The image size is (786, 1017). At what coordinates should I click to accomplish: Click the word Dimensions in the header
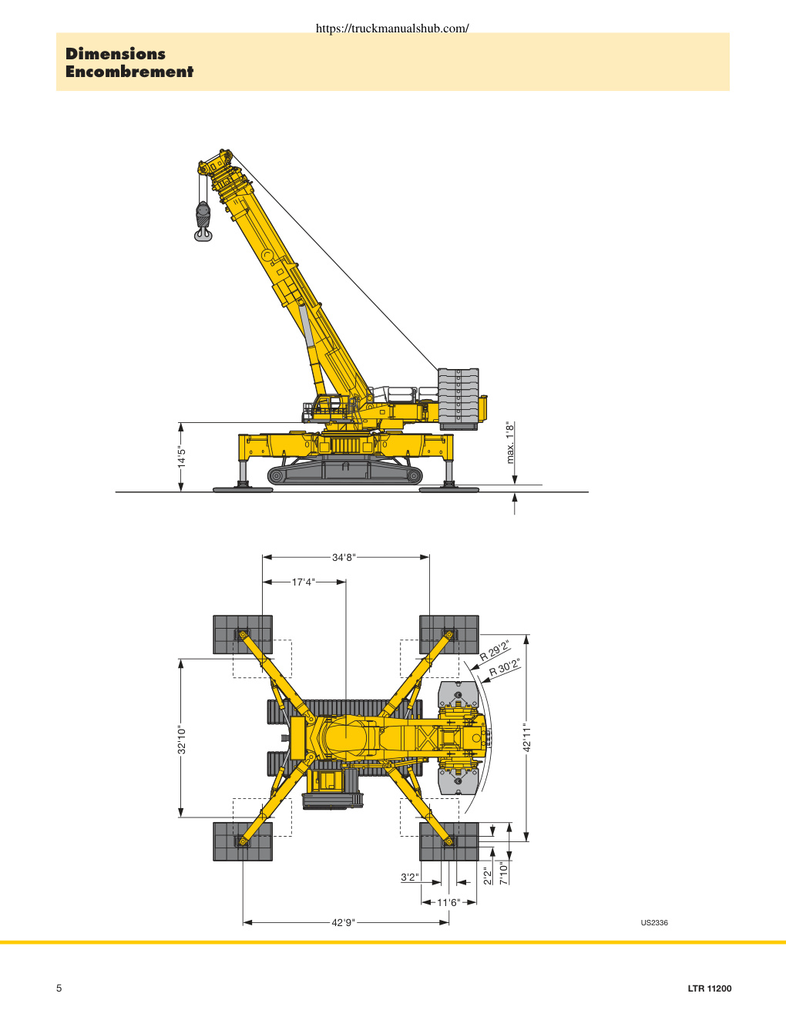115,54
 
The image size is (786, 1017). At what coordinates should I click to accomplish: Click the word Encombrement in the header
129,72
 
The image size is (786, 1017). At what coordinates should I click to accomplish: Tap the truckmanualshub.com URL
392,28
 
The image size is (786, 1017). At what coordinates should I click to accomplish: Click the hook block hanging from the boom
203,221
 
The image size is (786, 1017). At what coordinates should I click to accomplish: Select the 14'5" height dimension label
182,457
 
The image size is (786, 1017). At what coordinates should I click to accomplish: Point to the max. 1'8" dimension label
510,442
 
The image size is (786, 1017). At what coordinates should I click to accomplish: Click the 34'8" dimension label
344,557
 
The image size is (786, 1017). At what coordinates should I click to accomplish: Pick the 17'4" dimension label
304,582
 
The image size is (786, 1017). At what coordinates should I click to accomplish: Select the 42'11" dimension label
526,738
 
